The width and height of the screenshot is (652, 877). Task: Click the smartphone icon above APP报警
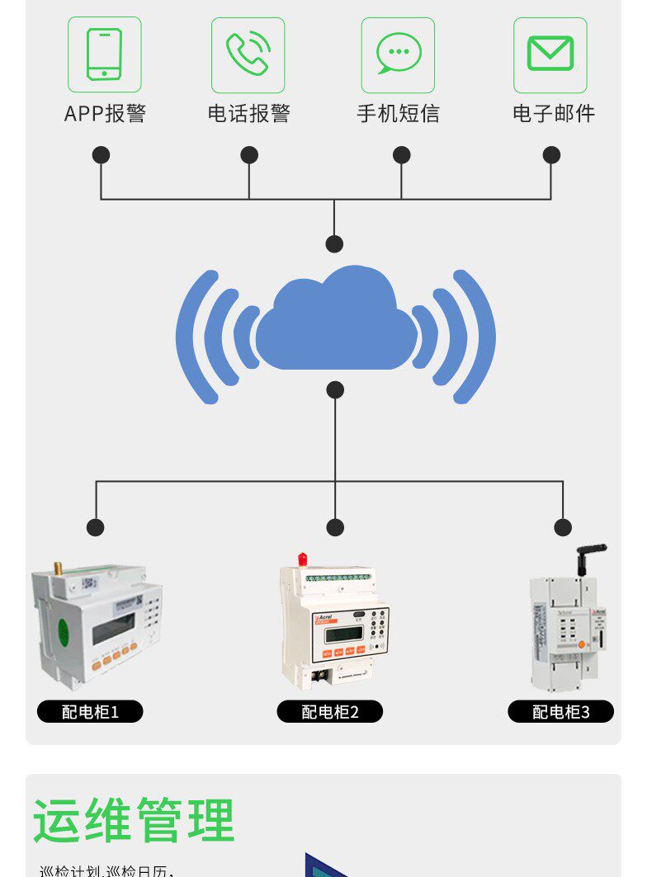pyautogui.click(x=104, y=54)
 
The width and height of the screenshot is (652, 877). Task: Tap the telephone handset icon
pyautogui.click(x=248, y=54)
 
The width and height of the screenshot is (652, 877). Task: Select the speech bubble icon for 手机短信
pyautogui.click(x=399, y=54)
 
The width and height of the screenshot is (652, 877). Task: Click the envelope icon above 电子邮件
pyautogui.click(x=550, y=54)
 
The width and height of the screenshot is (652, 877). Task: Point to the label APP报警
pyautogui.click(x=105, y=114)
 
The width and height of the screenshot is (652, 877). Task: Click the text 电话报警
pyautogui.click(x=248, y=114)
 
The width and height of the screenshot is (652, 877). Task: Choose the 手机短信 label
pyautogui.click(x=399, y=114)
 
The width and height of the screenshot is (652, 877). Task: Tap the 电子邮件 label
pyautogui.click(x=553, y=114)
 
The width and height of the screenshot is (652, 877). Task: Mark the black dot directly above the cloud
pyautogui.click(x=334, y=243)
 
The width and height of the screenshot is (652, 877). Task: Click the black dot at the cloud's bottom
pyautogui.click(x=334, y=389)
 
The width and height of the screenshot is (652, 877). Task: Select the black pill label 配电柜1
pyautogui.click(x=90, y=711)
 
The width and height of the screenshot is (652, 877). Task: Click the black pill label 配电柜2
pyautogui.click(x=330, y=711)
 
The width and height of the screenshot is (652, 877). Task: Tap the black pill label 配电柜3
pyautogui.click(x=561, y=711)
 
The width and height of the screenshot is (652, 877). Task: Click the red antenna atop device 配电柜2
pyautogui.click(x=303, y=560)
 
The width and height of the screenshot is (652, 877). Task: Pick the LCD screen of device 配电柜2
pyautogui.click(x=343, y=634)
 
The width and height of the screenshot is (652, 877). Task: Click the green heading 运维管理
pyautogui.click(x=134, y=820)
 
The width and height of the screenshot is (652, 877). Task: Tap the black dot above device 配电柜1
pyautogui.click(x=96, y=527)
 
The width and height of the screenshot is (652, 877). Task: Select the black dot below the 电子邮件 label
pyautogui.click(x=551, y=154)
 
